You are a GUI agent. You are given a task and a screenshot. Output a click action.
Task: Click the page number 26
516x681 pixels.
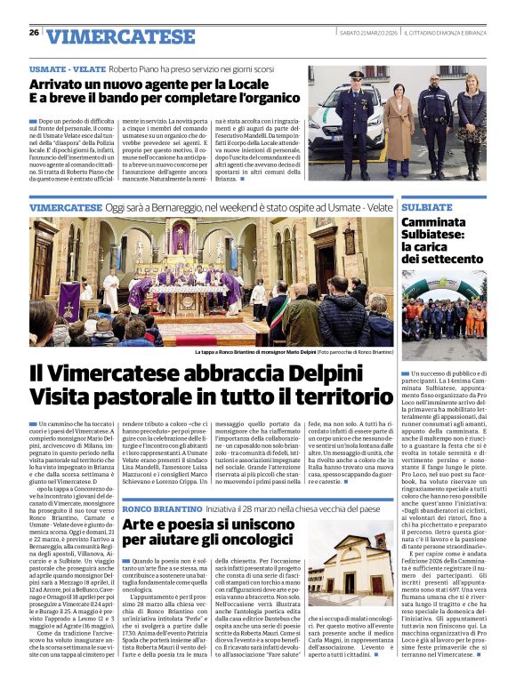(34, 33)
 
